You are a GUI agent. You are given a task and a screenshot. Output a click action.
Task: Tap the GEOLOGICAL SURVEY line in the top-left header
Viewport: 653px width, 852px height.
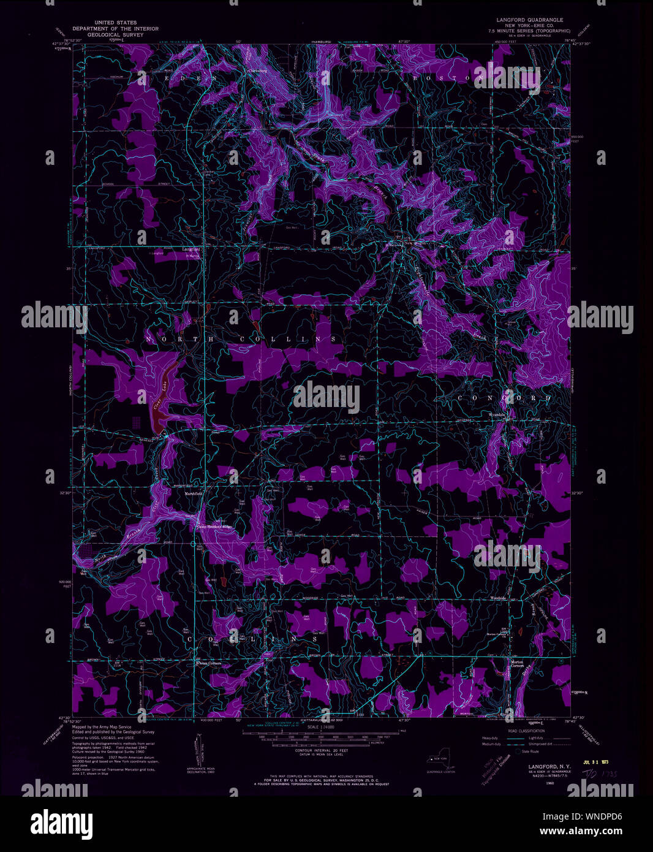click(115, 36)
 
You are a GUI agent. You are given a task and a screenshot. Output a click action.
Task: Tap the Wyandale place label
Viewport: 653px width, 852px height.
click(497, 415)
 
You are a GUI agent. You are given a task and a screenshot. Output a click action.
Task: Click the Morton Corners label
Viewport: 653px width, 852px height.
click(518, 664)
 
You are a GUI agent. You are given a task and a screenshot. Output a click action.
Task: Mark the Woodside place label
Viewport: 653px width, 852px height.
click(498, 598)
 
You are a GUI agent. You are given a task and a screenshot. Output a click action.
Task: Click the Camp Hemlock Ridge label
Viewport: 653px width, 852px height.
click(214, 527)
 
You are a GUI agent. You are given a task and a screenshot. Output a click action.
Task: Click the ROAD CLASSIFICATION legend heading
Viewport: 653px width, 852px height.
click(526, 731)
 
